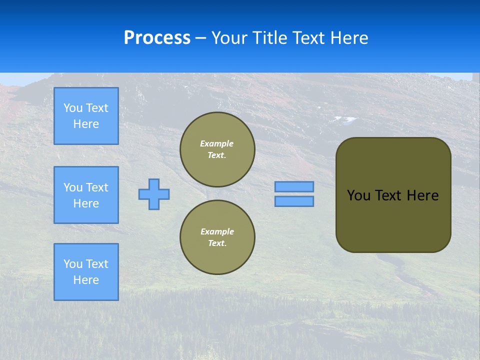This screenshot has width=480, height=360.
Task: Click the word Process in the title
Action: click(x=157, y=38)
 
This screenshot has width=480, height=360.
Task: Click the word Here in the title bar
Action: click(x=348, y=38)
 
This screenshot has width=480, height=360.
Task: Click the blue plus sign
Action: click(x=154, y=194)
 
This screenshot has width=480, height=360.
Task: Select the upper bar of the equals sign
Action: click(x=294, y=186)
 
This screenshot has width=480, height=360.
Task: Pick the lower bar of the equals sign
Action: click(x=294, y=201)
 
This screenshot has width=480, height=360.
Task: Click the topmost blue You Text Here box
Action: click(x=86, y=116)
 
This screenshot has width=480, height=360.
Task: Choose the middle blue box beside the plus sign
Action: click(x=86, y=195)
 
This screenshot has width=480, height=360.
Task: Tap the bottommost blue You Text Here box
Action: click(x=86, y=271)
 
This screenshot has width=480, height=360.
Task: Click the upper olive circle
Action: click(x=217, y=149)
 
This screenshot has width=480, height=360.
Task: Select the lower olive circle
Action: click(x=217, y=237)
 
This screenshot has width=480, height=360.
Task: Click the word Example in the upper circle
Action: click(x=217, y=143)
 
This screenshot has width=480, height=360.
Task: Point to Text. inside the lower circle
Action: click(x=217, y=243)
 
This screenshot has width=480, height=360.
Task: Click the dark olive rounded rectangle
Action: click(x=393, y=220)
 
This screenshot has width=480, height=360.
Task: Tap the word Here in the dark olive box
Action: click(x=422, y=195)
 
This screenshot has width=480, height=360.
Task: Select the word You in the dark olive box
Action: click(x=359, y=195)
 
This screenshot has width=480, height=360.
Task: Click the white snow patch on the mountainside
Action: click(x=344, y=119)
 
